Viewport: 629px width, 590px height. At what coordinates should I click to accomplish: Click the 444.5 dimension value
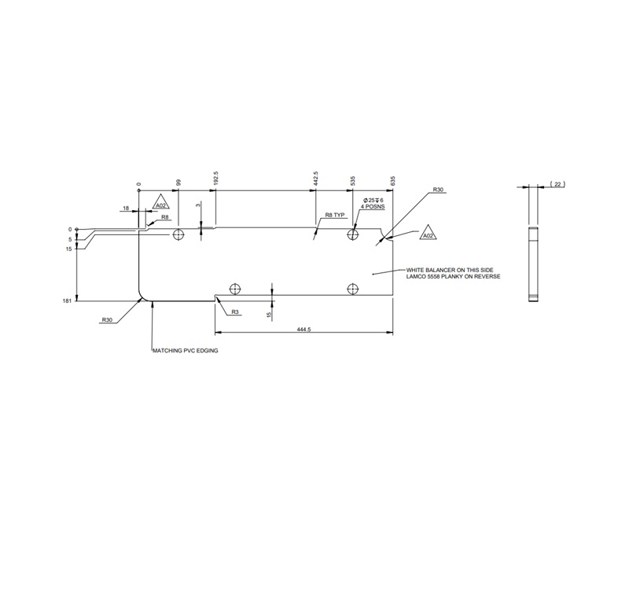pos(303,330)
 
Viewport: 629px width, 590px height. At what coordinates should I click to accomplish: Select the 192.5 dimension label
pos(215,178)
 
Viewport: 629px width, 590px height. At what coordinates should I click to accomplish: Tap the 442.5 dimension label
pos(316,178)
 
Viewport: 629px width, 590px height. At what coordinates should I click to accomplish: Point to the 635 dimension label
pos(392,180)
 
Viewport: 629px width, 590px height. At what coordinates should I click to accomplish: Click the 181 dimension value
pos(67,301)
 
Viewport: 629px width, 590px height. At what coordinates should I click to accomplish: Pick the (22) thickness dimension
pos(557,184)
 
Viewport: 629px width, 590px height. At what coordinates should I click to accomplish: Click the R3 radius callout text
pos(235,312)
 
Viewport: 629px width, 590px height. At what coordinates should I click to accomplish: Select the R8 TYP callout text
pos(335,215)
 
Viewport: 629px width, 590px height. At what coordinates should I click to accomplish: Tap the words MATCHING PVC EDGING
pos(186,350)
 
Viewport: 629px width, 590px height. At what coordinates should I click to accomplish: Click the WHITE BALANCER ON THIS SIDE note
pos(450,270)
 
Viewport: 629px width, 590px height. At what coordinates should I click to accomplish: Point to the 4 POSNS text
pos(373,207)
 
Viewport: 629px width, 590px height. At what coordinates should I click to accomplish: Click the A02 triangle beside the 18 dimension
pos(161,202)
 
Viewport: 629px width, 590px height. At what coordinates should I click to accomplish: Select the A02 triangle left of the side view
pos(428,232)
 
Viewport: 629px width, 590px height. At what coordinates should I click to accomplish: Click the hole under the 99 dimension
pos(178,234)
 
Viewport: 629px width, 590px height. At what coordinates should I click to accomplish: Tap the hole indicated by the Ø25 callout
pos(352,234)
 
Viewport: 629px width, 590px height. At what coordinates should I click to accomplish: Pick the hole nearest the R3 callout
pos(235,289)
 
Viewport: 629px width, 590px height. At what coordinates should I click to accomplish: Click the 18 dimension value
pos(126,208)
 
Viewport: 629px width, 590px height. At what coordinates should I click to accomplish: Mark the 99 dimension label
pos(179,182)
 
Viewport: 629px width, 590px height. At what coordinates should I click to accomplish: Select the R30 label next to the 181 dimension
pos(107,320)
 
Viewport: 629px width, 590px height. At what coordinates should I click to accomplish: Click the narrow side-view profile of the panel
pos(533,264)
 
